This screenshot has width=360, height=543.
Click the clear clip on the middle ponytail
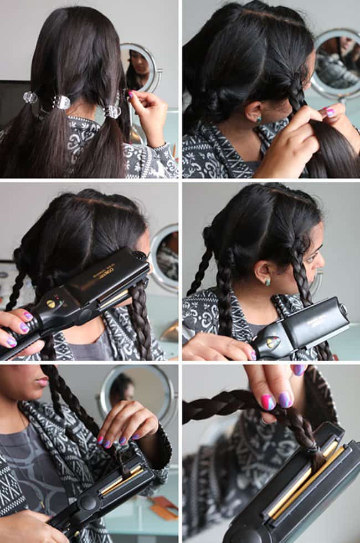[x=61, y=103]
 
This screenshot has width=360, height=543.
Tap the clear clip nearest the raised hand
[x=112, y=111]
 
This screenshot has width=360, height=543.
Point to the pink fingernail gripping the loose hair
[x=330, y=112]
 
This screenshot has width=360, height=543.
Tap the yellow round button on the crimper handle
[x=50, y=304]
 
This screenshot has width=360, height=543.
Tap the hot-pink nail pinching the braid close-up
[x=268, y=402]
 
